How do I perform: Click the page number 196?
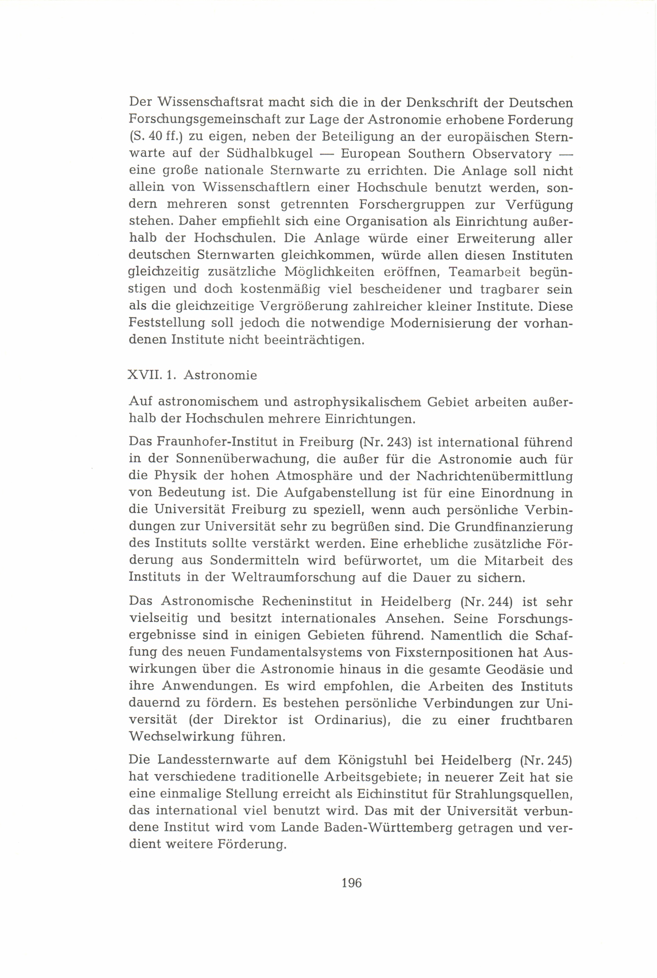click(x=351, y=882)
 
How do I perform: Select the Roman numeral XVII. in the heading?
click(x=143, y=375)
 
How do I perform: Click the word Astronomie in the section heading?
click(x=220, y=375)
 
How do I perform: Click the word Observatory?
click(x=512, y=154)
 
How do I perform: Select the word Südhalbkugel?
click(x=270, y=154)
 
